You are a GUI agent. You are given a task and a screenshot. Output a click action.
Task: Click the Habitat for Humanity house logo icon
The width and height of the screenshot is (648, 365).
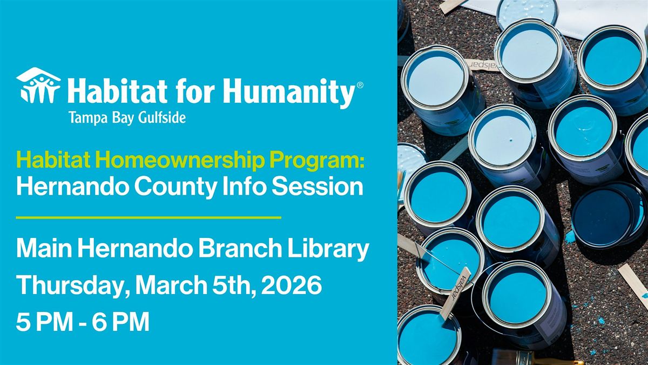[38, 85]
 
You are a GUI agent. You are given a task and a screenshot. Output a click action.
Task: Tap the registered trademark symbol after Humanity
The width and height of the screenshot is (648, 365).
[360, 85]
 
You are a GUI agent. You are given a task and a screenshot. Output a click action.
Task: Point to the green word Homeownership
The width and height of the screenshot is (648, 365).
[180, 161]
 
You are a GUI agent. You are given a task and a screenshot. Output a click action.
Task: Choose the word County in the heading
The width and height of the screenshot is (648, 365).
[175, 187]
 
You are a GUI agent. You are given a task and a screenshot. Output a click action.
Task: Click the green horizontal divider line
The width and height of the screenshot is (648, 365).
[148, 217]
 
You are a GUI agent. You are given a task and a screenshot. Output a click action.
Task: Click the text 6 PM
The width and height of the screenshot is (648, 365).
[120, 322]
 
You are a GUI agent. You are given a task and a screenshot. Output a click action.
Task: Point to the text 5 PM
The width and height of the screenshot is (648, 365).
[44, 322]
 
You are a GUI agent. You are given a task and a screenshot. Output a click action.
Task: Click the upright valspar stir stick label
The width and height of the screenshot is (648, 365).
[455, 293]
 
